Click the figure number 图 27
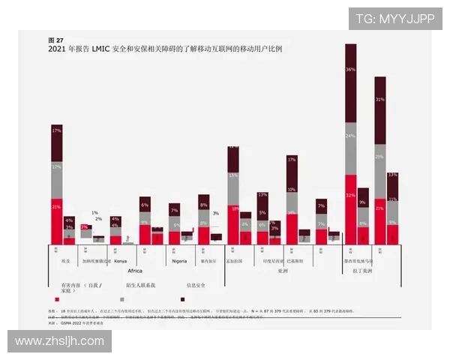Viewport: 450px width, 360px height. [55, 40]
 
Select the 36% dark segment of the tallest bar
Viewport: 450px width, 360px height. [350, 70]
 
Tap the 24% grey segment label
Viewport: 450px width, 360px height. [350, 136]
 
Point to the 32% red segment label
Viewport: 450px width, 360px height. [350, 195]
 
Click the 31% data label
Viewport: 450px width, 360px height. [380, 99]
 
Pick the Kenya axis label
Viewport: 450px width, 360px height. [120, 261]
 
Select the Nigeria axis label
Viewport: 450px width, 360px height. [179, 261]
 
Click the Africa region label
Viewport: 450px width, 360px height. [135, 271]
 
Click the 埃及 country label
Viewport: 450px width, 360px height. [65, 261]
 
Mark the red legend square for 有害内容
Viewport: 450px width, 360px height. [56, 298]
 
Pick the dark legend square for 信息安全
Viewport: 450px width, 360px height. [184, 298]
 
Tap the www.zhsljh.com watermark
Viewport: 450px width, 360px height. [60, 341]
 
